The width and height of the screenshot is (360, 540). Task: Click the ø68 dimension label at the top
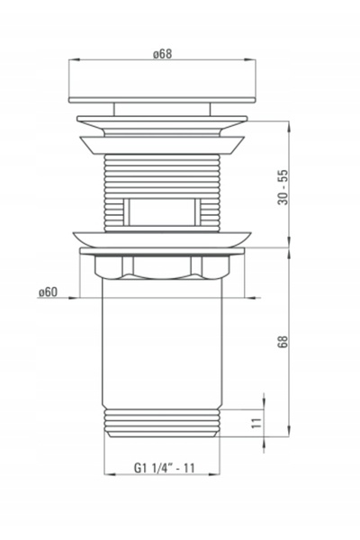[x=162, y=54]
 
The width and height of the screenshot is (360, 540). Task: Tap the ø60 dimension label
[x=48, y=292]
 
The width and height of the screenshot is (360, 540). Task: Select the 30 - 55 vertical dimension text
[x=283, y=187]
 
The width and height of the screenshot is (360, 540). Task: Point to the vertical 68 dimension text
[x=283, y=342]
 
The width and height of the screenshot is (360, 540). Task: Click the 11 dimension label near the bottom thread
[x=256, y=423]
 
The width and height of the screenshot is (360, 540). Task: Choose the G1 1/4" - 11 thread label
[x=165, y=468]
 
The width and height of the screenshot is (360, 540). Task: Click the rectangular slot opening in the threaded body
[x=162, y=212]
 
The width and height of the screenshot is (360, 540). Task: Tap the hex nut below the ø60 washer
[x=162, y=266]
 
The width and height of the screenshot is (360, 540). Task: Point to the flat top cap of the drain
[x=162, y=100]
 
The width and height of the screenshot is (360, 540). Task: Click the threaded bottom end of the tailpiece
[x=162, y=423]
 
